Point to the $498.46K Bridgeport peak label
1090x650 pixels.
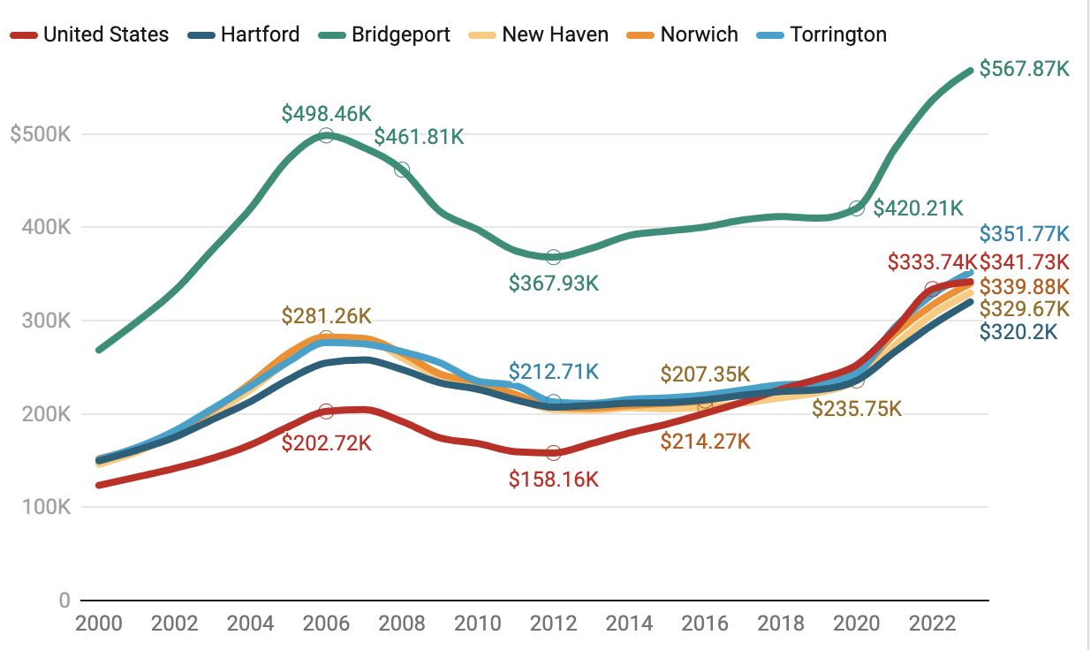327,114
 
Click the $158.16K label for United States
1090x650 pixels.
554,480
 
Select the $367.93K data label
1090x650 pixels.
554,283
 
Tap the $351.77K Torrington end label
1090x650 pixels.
1025,234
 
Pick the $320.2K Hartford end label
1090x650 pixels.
1018,332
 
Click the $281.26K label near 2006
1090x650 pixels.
327,316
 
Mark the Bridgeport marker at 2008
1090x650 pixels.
402,170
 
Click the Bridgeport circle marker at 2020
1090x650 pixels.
856,208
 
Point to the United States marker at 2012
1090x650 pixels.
554,453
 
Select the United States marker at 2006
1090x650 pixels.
326,412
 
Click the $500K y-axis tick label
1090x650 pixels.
40,134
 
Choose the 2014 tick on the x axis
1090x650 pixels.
629,624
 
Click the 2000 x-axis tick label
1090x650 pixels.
99,624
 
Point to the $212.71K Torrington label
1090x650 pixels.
554,370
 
